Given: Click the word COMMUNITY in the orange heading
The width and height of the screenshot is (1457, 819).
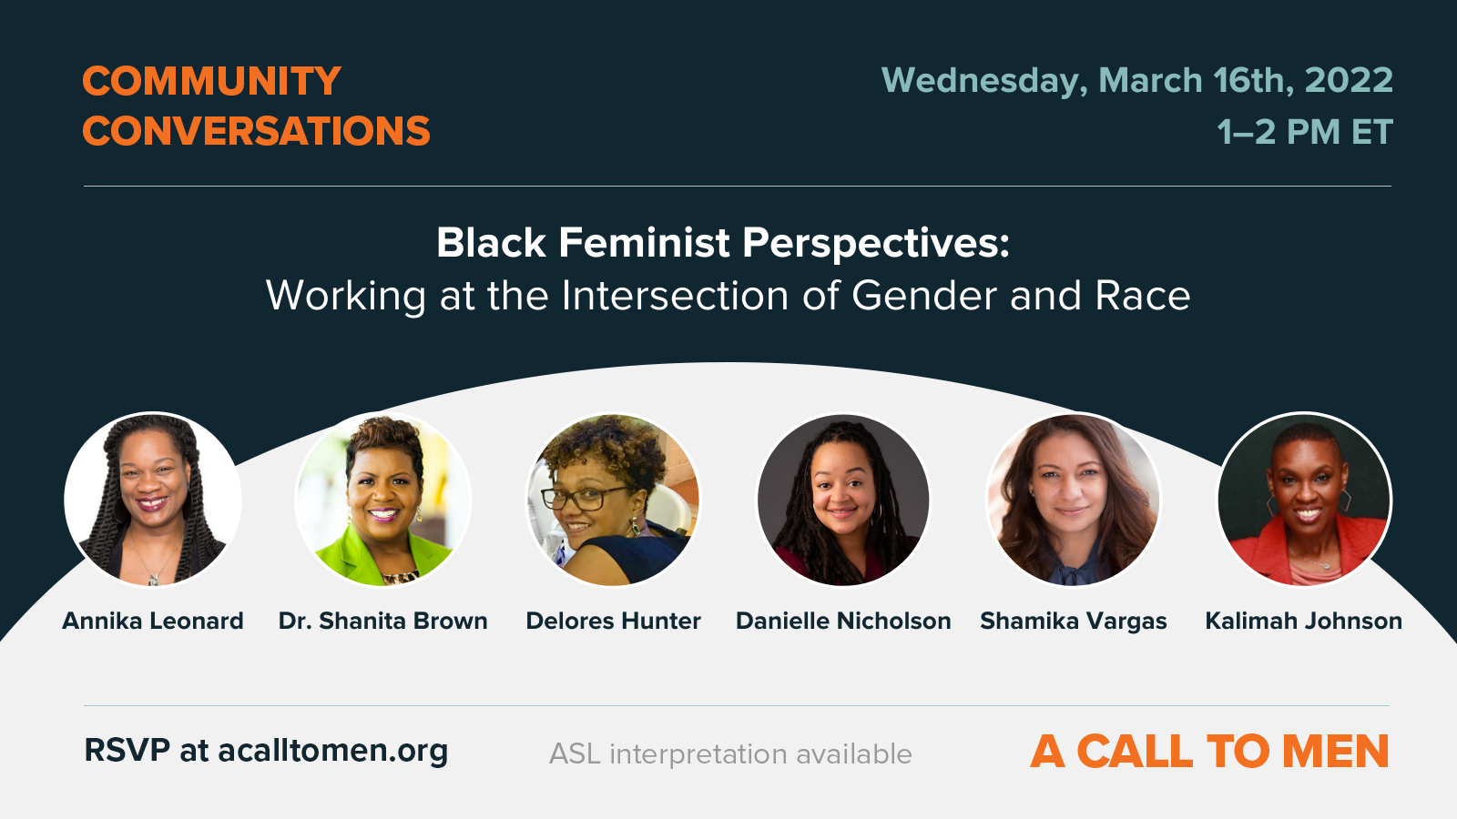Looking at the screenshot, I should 211,82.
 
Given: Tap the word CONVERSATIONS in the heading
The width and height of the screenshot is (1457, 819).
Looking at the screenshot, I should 256,132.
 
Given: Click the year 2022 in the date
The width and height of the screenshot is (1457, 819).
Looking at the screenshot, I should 1348,81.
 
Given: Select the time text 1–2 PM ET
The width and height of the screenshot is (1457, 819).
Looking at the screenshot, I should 1304,133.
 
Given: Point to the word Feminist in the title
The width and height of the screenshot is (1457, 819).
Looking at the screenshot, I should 644,243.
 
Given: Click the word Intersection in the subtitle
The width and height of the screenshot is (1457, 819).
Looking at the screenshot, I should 675,297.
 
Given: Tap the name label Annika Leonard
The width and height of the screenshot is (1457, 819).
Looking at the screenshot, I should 153,621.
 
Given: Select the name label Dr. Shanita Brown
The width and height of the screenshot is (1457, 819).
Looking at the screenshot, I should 382,621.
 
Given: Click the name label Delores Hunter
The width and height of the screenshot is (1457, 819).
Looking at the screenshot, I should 613,621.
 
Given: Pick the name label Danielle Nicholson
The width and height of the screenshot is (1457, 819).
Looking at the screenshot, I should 843,621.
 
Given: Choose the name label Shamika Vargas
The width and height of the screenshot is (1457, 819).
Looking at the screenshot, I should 1073,621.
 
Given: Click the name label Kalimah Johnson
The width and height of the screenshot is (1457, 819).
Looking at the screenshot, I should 1303,621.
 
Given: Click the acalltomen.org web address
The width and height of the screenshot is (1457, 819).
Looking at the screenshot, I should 332,751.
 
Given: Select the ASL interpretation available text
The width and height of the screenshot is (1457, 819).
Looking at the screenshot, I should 730,754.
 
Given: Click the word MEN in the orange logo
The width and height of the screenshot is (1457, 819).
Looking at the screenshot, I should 1335,752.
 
